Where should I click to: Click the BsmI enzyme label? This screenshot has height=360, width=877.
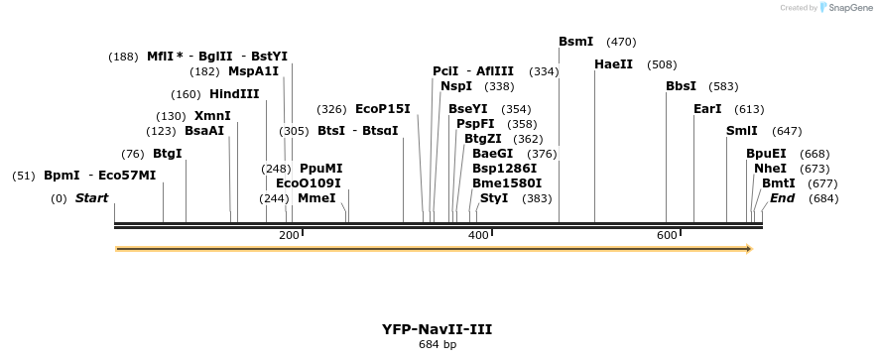575,42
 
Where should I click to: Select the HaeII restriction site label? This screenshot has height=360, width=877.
613,64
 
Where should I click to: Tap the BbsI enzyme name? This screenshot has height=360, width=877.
681,86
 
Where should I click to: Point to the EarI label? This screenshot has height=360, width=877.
707,109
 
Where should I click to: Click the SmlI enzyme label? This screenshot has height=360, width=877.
741,131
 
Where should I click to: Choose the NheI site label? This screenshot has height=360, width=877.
770,169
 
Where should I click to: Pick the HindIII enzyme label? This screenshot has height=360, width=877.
234,94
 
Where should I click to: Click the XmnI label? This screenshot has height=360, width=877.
212,116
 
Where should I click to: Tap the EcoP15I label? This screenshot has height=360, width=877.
382,109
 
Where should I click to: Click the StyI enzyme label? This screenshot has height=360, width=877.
493,198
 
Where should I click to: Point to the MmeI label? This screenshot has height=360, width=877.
316,198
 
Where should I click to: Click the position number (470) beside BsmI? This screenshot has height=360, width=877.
621,42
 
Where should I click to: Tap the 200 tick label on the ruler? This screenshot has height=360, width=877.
289,235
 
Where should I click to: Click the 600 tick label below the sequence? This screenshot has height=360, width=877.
667,235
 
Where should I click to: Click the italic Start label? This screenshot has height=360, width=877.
91,198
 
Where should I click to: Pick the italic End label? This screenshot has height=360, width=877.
782,198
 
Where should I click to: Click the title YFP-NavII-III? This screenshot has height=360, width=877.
438,329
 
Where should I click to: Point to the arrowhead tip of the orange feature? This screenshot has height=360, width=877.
751,249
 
